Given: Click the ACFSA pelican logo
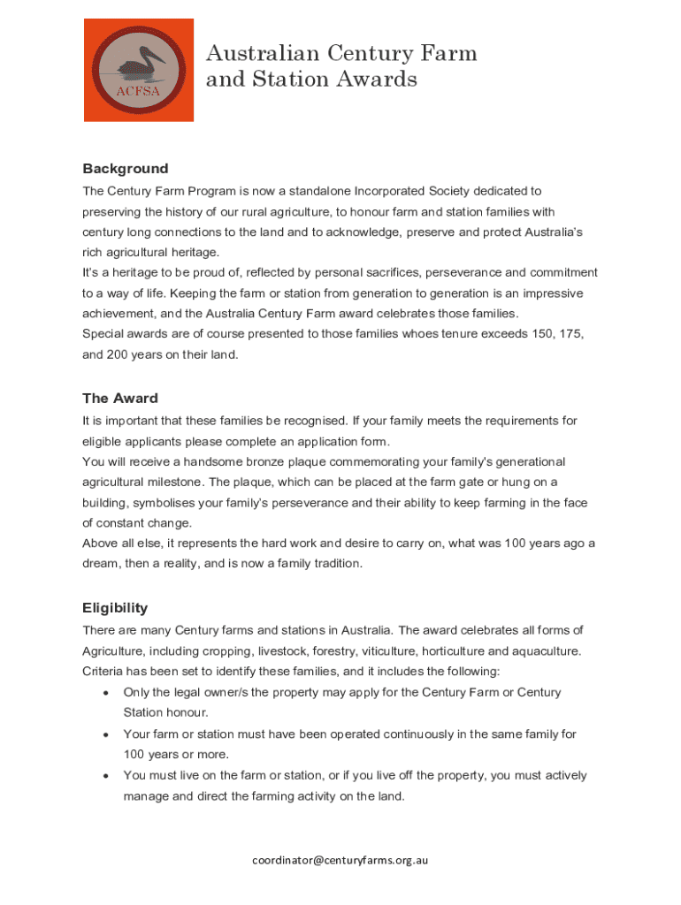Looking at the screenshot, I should (x=139, y=71).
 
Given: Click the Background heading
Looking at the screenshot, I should (x=125, y=169).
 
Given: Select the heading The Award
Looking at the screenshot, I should (x=120, y=399).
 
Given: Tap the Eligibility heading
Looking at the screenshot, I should (x=115, y=608).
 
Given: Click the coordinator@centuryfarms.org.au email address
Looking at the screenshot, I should (x=340, y=860).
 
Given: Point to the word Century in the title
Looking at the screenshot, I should (x=371, y=54).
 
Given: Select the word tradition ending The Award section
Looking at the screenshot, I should (x=333, y=564).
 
